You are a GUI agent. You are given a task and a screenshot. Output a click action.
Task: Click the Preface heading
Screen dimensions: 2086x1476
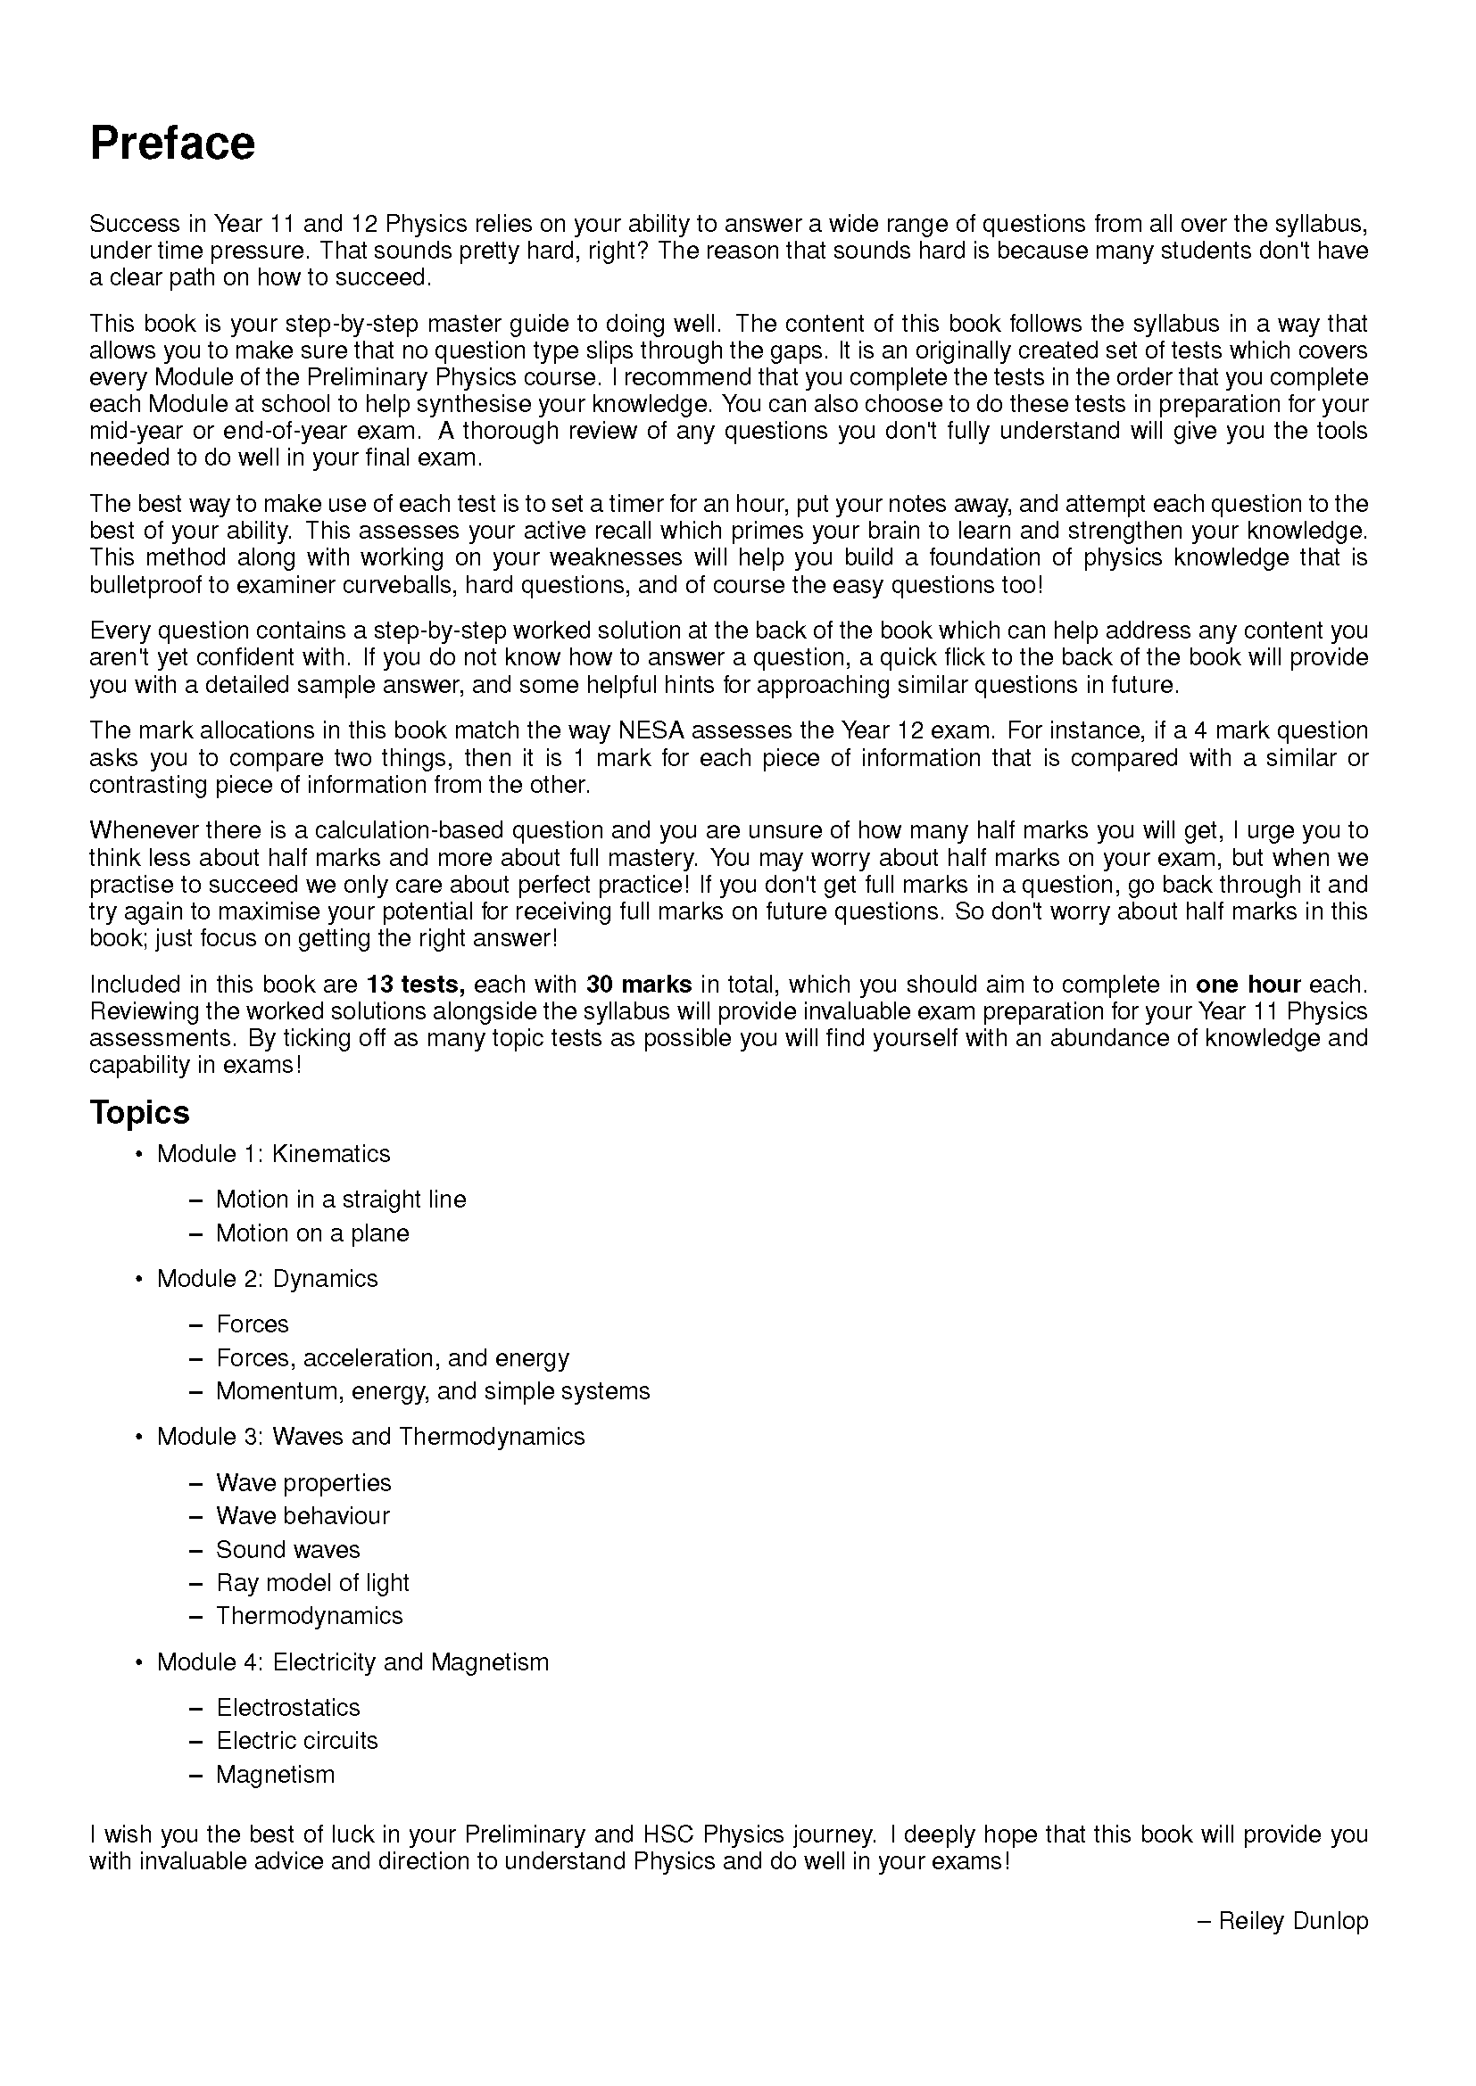[173, 144]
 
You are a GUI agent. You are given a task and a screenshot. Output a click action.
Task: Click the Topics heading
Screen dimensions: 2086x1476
[139, 1112]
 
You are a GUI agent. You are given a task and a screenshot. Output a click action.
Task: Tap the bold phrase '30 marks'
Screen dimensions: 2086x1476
[639, 984]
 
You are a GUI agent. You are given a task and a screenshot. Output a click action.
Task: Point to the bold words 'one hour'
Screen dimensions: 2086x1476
[1248, 984]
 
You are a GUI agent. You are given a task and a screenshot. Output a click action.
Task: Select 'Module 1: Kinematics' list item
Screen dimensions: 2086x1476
[273, 1154]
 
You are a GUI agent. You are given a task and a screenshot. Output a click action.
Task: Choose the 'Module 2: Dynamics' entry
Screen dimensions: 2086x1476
[266, 1278]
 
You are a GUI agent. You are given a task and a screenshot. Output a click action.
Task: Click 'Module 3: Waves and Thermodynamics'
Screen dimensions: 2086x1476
[370, 1437]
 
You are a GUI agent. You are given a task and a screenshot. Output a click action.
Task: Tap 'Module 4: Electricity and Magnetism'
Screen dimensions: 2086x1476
[352, 1662]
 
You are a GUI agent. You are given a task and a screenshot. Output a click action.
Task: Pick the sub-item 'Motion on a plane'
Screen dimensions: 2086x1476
[312, 1233]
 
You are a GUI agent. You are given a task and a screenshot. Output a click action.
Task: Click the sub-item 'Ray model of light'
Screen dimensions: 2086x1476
[312, 1583]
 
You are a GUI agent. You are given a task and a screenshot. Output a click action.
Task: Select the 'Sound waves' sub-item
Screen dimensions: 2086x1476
[288, 1549]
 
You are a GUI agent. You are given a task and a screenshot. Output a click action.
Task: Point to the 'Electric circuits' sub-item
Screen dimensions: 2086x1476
[296, 1741]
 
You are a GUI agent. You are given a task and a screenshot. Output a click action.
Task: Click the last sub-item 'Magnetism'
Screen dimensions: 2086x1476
[276, 1775]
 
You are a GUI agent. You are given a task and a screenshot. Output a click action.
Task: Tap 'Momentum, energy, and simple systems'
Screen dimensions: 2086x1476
[433, 1391]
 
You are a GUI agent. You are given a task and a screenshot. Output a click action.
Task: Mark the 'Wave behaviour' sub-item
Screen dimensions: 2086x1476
[303, 1515]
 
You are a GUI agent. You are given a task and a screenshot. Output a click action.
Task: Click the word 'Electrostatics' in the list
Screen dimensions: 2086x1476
[288, 1707]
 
